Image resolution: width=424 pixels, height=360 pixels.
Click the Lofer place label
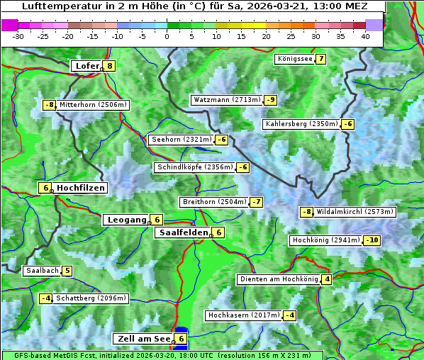coord(87,66)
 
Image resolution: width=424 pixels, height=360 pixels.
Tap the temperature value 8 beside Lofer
coord(109,66)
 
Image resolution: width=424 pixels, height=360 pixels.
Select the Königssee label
coord(295,59)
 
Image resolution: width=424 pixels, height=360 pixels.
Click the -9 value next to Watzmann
coord(271,100)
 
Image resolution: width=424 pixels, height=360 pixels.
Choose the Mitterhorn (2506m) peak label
coord(93,105)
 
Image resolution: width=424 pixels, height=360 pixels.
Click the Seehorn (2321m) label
coord(182,140)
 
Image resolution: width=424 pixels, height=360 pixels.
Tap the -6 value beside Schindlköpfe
coord(242,167)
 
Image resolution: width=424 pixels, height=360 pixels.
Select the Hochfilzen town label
coord(81,188)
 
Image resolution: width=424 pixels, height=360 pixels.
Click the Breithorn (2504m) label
coord(214,202)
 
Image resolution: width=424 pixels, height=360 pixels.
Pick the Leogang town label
coord(127,220)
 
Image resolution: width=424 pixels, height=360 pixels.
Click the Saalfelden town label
coord(184,232)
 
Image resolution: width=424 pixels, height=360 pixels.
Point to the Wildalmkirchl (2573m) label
coord(355,212)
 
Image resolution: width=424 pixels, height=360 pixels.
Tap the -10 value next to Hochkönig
coord(372,240)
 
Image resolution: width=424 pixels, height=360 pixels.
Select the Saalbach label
coord(42,271)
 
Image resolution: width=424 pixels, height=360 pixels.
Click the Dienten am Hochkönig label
coord(279,279)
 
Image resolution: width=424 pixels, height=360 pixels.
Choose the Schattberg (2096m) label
coord(91,298)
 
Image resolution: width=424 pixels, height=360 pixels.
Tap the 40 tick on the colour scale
coord(365,35)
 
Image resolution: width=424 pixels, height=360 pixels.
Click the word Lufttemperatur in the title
coord(57,6)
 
